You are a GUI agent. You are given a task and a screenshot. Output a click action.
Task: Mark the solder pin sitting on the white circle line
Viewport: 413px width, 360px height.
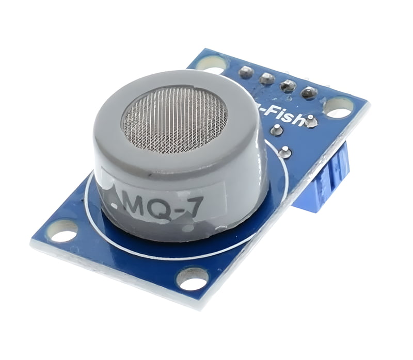(x=285, y=152)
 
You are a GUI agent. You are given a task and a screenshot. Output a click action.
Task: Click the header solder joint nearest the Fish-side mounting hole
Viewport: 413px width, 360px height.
(x=309, y=93)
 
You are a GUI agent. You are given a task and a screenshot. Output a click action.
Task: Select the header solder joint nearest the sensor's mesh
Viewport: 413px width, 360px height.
(x=246, y=72)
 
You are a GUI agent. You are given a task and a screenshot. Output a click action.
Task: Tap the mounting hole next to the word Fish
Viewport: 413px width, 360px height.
(x=339, y=108)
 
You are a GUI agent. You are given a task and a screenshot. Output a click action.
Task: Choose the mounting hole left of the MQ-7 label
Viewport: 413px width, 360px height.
(x=62, y=231)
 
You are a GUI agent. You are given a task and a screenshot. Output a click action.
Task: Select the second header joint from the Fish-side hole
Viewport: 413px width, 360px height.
(x=288, y=86)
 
